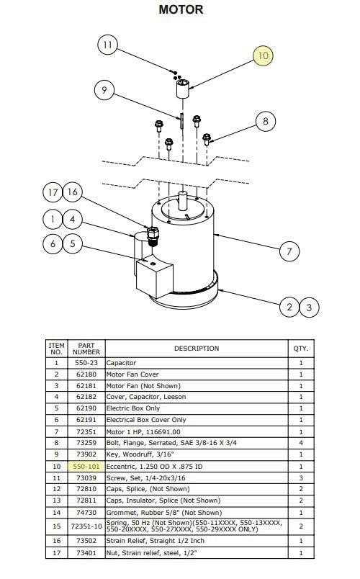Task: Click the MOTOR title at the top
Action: [x=181, y=9]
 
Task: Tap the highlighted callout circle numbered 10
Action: [x=263, y=55]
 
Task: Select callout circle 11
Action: [x=107, y=45]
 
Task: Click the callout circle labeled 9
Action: [x=104, y=90]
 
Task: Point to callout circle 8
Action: [x=266, y=121]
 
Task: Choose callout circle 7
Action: [x=289, y=251]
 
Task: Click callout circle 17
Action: [x=53, y=192]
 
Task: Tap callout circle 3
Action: [x=309, y=308]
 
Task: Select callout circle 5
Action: [x=73, y=243]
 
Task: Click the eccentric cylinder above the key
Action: [x=182, y=89]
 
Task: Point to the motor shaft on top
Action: [x=182, y=200]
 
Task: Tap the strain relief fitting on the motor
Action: [x=153, y=236]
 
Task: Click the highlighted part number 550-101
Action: [x=86, y=467]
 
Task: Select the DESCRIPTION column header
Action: [x=197, y=349]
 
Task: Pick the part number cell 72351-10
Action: [x=86, y=526]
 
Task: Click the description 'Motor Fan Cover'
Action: [x=132, y=374]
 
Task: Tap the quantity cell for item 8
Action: [x=301, y=443]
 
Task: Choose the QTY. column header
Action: [x=300, y=349]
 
